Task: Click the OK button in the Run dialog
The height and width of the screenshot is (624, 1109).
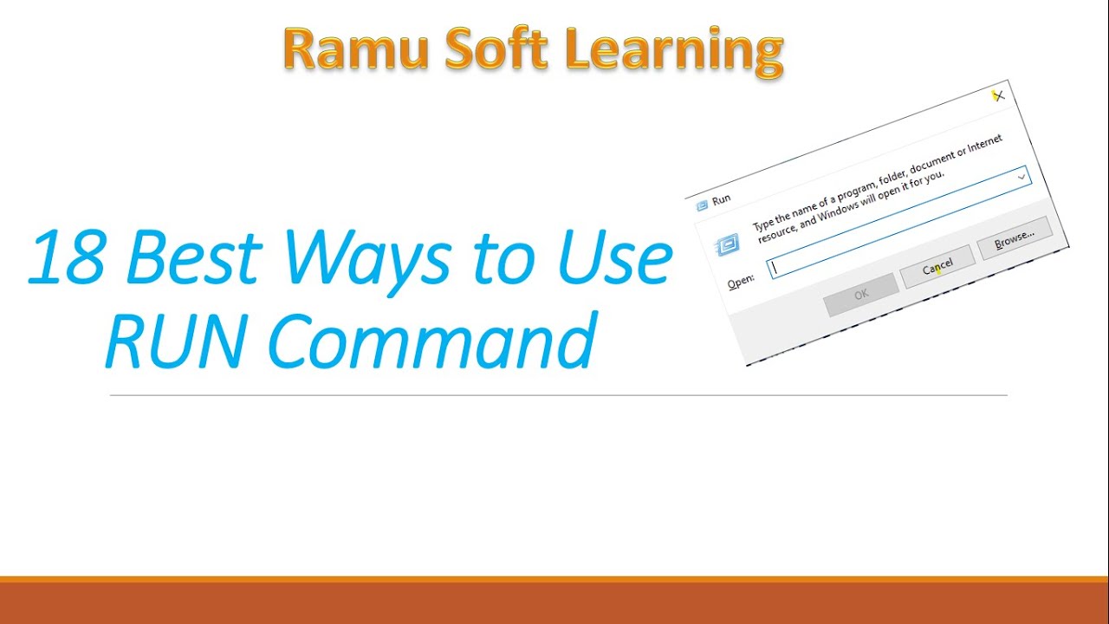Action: [x=860, y=295]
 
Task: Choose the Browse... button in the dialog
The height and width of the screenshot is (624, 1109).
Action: [x=1014, y=237]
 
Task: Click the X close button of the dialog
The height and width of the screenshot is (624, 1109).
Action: [x=998, y=96]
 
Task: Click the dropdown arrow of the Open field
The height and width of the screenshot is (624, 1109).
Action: [x=1022, y=178]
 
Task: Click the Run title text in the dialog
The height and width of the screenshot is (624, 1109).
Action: [x=721, y=200]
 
